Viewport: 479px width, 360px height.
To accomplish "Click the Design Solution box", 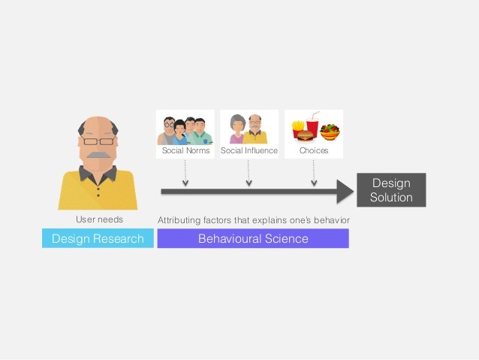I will tap(390, 190).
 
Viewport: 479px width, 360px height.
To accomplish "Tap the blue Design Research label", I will tap(98, 239).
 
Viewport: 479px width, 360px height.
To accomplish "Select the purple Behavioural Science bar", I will tap(253, 239).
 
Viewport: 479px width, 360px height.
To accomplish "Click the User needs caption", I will tap(99, 219).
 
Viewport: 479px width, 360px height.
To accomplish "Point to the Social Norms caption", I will tap(185, 151).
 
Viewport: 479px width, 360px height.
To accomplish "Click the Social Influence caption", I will tap(249, 151).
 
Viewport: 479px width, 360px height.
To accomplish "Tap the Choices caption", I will tap(313, 151).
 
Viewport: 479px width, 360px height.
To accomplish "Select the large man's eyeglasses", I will tap(98, 141).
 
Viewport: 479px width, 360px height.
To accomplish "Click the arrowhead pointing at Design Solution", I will tap(345, 192).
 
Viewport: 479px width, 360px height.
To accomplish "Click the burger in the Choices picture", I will tap(304, 136).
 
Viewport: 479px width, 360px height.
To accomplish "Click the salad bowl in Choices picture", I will tap(330, 132).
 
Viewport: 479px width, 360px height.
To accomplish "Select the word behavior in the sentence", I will tap(333, 219).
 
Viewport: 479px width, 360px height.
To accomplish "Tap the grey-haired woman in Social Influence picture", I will tap(237, 130).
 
